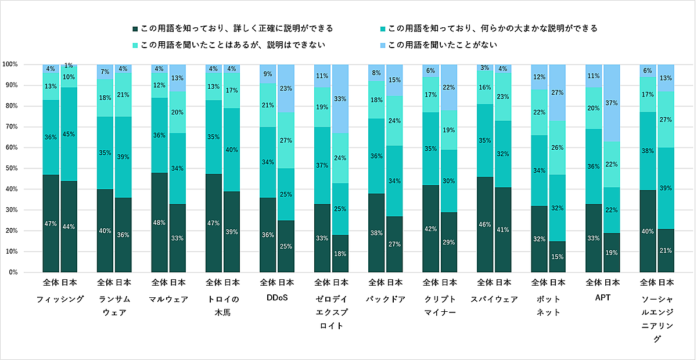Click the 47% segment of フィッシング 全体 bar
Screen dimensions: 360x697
coord(51,223)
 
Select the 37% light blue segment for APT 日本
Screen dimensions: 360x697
coord(612,103)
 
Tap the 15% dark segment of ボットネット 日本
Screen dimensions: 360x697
coord(558,257)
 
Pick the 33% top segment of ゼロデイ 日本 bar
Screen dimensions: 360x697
coord(340,99)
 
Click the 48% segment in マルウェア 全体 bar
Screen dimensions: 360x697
coord(160,222)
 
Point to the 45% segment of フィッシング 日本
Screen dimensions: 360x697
coord(69,134)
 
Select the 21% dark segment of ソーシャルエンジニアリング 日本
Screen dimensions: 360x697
coord(666,250)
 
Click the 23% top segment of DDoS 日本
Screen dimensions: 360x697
coord(286,88)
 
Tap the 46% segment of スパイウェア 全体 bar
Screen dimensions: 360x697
coord(486,224)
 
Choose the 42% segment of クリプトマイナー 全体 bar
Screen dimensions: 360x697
coord(431,228)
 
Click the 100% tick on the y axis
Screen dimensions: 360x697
coord(11,64)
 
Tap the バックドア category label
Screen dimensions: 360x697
coord(386,299)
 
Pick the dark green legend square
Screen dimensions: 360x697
coord(135,28)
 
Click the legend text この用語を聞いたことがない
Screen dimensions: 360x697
coord(443,45)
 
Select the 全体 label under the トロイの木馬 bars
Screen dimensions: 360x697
coord(214,283)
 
